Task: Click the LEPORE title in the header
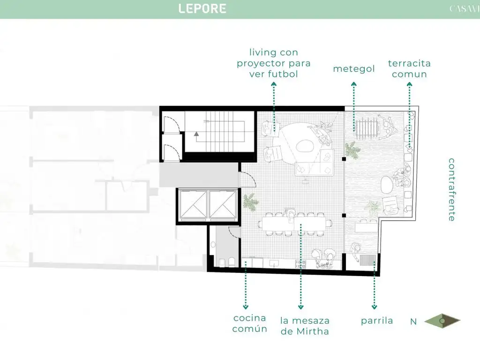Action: [x=202, y=8]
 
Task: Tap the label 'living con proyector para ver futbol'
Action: [x=273, y=63]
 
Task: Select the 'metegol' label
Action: [x=354, y=69]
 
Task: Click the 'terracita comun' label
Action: [x=409, y=68]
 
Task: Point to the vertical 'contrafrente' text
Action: [x=451, y=189]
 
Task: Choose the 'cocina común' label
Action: [x=250, y=323]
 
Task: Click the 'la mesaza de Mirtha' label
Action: [x=305, y=326]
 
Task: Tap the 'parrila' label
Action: [x=377, y=321]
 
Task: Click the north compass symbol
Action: [x=442, y=321]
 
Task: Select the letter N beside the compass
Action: [x=413, y=322]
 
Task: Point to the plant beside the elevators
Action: [x=250, y=202]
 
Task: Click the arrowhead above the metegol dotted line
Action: [x=354, y=84]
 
